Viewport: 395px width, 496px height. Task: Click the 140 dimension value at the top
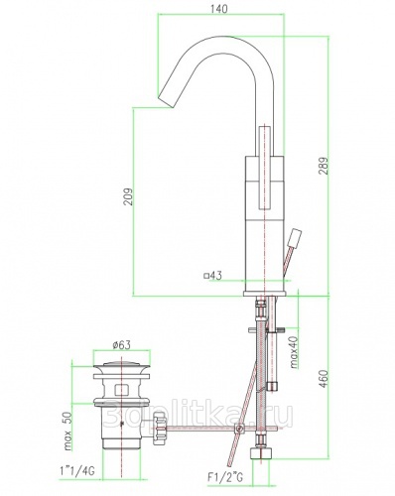[x=219, y=9]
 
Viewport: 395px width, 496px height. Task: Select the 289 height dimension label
[x=325, y=166]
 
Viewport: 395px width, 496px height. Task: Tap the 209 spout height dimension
[x=128, y=196]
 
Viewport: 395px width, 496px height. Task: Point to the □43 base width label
[x=213, y=275]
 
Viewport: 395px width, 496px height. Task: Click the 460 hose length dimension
[x=325, y=379]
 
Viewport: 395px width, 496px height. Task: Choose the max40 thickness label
[x=295, y=352]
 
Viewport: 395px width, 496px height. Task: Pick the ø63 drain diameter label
[x=121, y=345]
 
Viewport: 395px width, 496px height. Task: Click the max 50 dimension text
[x=67, y=432]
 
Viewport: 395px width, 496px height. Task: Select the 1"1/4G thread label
[x=77, y=470]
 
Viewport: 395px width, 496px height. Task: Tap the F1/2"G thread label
[x=225, y=477]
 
